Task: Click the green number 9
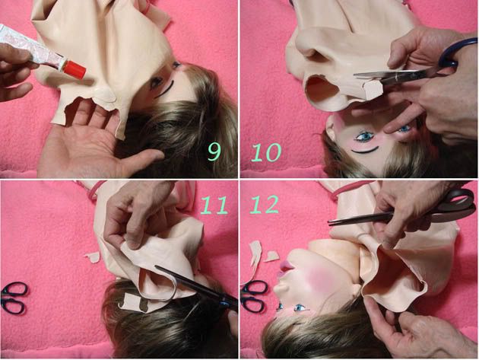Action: pos(214,151)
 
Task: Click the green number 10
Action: pos(265,152)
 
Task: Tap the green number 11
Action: pos(214,205)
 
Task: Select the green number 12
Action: pos(265,204)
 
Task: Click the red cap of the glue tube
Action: pos(75,69)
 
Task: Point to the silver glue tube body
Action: pos(33,48)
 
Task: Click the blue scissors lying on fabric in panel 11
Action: pos(14,298)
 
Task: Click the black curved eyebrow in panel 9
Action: pos(165,89)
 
